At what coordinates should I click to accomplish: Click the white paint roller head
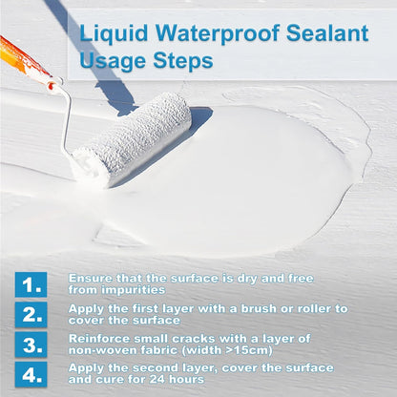131,139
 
